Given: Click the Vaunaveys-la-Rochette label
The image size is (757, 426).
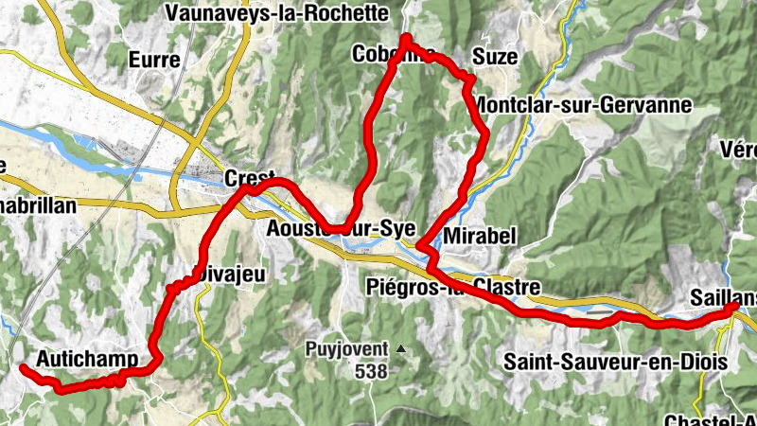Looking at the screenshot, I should coord(276,13).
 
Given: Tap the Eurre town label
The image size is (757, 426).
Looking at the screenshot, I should coord(155,60).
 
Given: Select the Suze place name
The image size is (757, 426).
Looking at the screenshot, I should coord(496,58).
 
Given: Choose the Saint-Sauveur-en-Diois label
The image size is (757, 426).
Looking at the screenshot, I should coord(614,361).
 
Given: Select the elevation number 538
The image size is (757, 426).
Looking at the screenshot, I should coord(372,371).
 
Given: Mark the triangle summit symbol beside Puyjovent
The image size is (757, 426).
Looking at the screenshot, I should coord(400,349).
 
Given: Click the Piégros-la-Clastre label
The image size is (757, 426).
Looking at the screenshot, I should coord(451,286).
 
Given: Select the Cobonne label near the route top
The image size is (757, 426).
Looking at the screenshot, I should coord(393,53).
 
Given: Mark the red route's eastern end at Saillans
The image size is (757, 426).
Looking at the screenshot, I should coord(735,306).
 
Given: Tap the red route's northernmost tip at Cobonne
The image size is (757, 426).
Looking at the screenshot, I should coord(406,38).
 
